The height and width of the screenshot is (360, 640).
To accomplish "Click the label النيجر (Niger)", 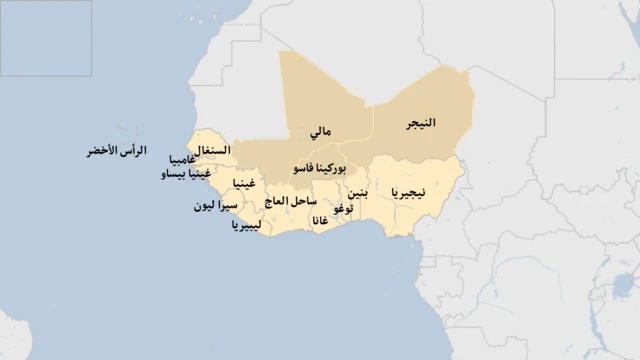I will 421,123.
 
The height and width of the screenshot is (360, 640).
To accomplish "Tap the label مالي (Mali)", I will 321,131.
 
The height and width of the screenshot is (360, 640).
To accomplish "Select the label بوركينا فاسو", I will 317,169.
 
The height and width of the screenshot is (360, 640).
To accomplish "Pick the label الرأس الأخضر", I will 116,150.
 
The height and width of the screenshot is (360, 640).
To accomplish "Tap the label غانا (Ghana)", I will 319,220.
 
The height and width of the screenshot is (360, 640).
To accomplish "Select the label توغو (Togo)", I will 344,208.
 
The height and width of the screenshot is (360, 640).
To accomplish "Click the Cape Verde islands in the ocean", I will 125,131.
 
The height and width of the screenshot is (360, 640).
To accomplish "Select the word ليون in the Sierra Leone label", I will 204,206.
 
